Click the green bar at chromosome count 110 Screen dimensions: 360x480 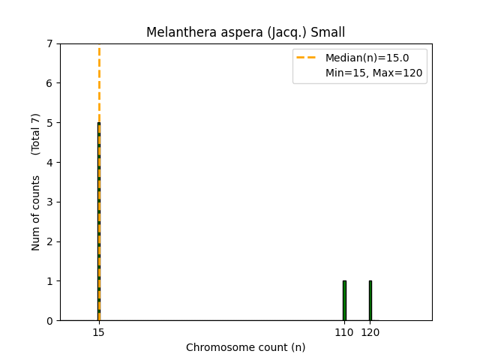pos(344,301)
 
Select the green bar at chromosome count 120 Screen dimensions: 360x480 pos(370,301)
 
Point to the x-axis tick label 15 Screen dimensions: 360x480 pos(98,331)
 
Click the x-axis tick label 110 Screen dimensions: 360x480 pos(344,331)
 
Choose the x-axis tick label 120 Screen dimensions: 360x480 pos(370,331)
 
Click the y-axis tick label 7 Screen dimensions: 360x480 pos(49,43)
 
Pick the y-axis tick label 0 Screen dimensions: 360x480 pos(49,321)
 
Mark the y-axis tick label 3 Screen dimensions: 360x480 pos(49,202)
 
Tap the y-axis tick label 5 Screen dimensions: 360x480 pos(49,123)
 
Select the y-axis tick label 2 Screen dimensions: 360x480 pos(49,241)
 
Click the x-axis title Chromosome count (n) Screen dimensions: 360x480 pos(246,347)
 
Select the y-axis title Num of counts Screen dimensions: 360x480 pos(36,212)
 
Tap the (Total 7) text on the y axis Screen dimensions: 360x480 pos(36,134)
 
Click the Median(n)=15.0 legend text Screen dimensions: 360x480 pos(367,58)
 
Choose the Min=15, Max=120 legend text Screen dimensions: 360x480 pos(373,73)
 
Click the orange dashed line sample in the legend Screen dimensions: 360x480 pos(308,58)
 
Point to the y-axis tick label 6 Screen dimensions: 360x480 pos(49,83)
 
